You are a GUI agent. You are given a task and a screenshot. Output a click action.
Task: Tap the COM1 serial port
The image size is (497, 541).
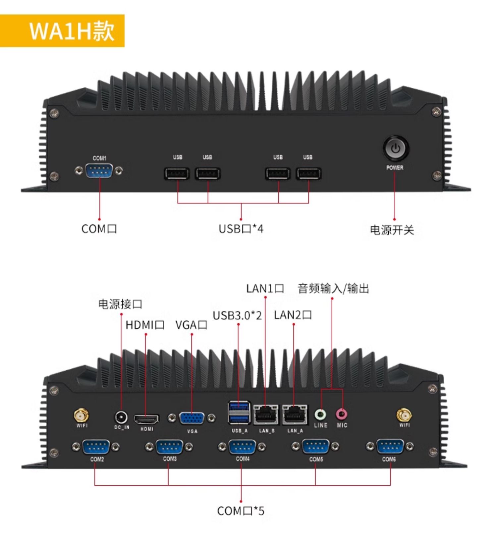[99, 171]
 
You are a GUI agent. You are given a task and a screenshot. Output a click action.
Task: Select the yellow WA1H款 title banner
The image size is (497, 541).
[62, 31]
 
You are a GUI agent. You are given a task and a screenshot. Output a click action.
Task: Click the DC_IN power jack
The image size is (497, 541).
[121, 417]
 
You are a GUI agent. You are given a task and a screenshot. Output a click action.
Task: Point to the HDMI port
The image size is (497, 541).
[146, 419]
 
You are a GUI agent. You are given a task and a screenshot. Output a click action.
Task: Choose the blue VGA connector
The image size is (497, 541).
[192, 418]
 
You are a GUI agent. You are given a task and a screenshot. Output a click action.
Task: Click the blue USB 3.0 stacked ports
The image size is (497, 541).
[239, 413]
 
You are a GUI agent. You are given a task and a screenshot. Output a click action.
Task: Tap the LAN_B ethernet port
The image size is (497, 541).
[266, 414]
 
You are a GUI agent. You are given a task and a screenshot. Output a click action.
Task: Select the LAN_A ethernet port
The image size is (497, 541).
[295, 414]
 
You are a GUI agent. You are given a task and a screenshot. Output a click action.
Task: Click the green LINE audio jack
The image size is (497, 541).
[320, 414]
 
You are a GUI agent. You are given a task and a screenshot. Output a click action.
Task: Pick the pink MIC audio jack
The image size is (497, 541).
[342, 414]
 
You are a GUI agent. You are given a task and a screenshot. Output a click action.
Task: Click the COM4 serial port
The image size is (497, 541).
[242, 447]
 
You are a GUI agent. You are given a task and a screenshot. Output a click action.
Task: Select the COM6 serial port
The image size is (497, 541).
[390, 447]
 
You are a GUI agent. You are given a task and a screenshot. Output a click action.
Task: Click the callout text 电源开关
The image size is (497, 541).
[392, 230]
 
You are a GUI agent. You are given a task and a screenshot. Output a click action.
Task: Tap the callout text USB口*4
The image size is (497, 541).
[241, 229]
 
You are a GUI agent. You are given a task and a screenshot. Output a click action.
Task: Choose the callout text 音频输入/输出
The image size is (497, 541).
[333, 289]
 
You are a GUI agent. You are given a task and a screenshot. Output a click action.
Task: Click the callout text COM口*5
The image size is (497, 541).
[241, 511]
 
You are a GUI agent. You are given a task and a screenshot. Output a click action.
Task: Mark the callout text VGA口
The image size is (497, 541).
[191, 325]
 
